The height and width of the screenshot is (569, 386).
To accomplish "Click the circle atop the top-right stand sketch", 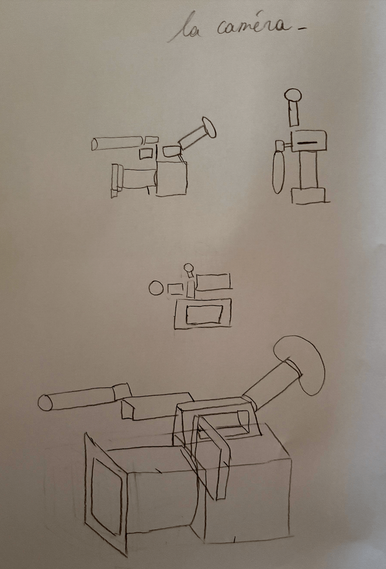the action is pos(293,95).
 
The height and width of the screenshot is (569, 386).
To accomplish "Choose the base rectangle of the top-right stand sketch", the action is pos(308,196).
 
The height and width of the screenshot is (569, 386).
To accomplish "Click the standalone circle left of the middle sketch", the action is pos(156,288).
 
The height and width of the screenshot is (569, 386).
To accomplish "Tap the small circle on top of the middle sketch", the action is pos(189,267).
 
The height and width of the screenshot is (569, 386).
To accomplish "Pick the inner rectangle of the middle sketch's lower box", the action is pos(204,315).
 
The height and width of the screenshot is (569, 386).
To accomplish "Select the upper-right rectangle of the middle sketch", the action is pos(213,282).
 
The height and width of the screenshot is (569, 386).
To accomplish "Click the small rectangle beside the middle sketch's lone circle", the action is pos(175,289).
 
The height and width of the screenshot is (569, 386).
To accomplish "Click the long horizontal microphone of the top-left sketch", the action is pos(117,143).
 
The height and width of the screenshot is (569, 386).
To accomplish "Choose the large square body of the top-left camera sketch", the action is pos(171,178).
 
